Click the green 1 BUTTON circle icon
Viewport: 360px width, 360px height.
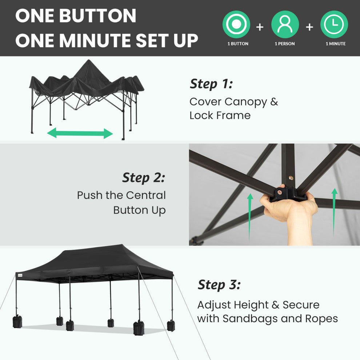pos(236,24)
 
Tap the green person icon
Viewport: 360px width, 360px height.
pos(285,24)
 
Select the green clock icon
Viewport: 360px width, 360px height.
pos(334,24)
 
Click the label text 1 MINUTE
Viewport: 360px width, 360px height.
pos(335,44)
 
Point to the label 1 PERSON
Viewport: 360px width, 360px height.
pos(285,44)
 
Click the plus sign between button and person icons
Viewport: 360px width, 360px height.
pos(260,27)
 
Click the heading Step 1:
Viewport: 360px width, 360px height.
pos(211,84)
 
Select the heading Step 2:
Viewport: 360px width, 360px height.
pos(144,178)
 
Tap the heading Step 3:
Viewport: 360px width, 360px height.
pos(219,285)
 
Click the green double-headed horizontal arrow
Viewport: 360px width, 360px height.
pos(80,133)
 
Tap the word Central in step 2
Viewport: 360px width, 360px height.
pos(146,195)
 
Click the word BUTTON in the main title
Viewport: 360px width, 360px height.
pos(98,16)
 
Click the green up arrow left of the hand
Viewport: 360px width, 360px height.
pos(250,217)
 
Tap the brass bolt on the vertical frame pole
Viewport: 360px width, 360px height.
pos(291,178)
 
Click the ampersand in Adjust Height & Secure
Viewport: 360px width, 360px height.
pos(276,305)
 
